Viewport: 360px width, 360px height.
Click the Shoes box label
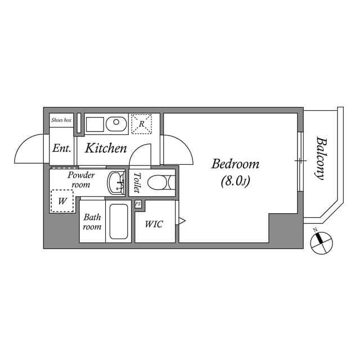coord(61,120)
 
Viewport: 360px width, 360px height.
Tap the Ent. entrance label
coord(61,148)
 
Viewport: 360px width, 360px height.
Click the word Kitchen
coord(106,148)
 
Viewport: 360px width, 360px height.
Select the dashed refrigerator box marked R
coord(141,124)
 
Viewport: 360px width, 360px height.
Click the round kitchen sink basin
coord(116,124)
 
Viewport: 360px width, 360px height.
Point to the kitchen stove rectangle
coord(94,124)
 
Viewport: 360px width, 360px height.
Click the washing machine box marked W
coord(62,201)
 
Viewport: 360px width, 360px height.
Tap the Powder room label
coord(81,180)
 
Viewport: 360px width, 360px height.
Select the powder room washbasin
coord(116,183)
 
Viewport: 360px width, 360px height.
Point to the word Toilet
coord(137,183)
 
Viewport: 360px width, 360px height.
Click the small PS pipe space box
coord(138,204)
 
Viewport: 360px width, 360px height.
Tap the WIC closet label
coord(154,224)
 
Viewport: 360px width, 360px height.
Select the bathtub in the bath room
coord(119,222)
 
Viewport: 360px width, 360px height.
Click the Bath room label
coord(92,222)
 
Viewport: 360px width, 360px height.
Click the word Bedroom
coord(235,164)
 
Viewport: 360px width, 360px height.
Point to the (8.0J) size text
coord(235,181)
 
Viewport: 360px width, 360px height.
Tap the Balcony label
coord(321,159)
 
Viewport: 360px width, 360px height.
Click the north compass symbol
coord(321,242)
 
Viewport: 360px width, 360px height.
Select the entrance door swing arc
coord(29,148)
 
